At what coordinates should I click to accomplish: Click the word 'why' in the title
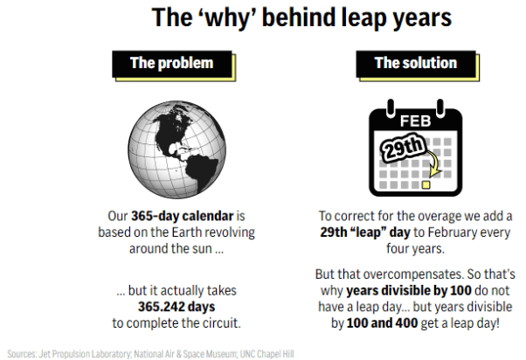click(x=227, y=18)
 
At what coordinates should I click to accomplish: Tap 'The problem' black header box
click(x=172, y=64)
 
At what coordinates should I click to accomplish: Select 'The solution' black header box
click(x=416, y=64)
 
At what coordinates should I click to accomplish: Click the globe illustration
click(x=176, y=149)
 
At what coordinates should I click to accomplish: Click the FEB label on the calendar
click(x=415, y=121)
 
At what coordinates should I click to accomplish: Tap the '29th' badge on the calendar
click(x=403, y=147)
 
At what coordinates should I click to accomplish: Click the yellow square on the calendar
click(x=426, y=185)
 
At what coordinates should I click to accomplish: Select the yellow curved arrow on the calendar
click(x=434, y=163)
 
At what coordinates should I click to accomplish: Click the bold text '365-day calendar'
click(x=182, y=216)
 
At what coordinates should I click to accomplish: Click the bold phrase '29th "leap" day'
click(x=365, y=232)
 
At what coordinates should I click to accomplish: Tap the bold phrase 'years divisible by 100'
click(x=409, y=291)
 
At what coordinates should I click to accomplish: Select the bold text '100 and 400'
click(x=382, y=323)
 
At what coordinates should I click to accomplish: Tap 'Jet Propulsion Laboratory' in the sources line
click(x=86, y=354)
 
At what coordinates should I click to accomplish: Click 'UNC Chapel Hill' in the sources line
click(x=267, y=354)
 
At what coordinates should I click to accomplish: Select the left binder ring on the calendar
click(x=391, y=108)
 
